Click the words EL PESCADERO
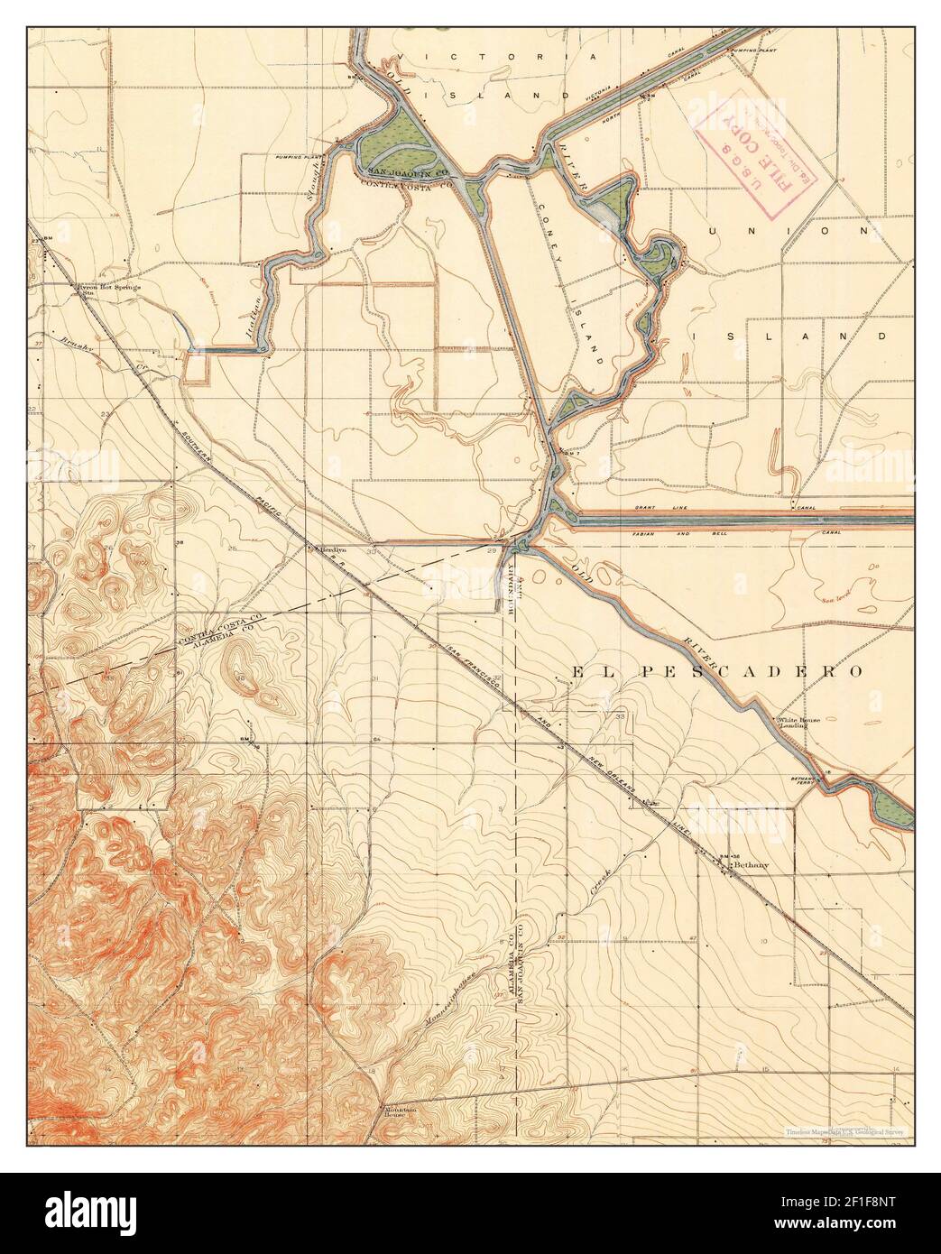pos(716,671)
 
